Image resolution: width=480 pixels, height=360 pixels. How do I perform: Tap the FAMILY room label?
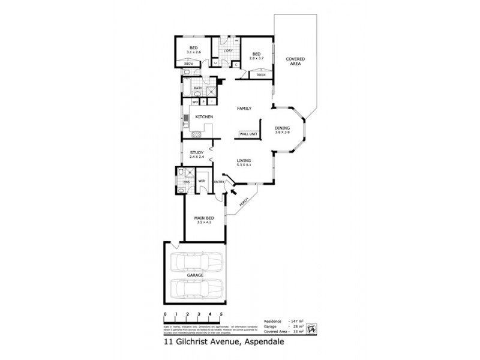click(244, 108)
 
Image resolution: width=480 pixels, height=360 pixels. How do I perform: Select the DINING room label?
click(282, 128)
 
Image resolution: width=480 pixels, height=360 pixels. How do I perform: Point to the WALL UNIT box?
click(248, 134)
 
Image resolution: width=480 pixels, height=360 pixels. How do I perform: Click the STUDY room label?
click(197, 153)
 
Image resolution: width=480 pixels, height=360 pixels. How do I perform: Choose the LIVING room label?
click(243, 160)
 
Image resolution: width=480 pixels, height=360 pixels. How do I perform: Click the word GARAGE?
click(195, 275)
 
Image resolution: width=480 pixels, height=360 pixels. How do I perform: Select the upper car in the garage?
click(196, 262)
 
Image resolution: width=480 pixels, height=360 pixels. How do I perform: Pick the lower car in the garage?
click(196, 288)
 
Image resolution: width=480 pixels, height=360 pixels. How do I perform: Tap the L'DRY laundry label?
click(227, 50)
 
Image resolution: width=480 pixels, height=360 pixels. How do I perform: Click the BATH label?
click(197, 88)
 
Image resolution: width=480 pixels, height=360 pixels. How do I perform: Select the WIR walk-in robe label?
click(202, 180)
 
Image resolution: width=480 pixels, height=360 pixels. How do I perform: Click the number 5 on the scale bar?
click(221, 314)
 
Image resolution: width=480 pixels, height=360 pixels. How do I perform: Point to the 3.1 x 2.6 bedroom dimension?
click(194, 52)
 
